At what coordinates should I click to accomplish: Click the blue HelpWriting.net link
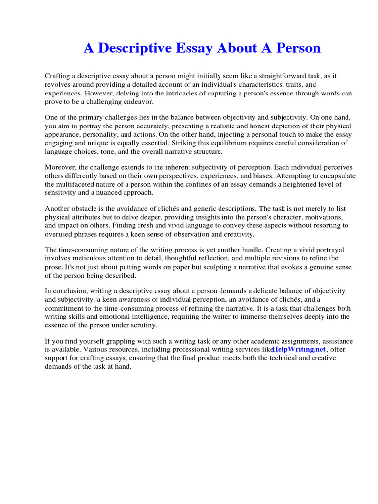pyautogui.click(x=299, y=349)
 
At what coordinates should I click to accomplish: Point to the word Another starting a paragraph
pyautogui.click(x=59, y=209)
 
